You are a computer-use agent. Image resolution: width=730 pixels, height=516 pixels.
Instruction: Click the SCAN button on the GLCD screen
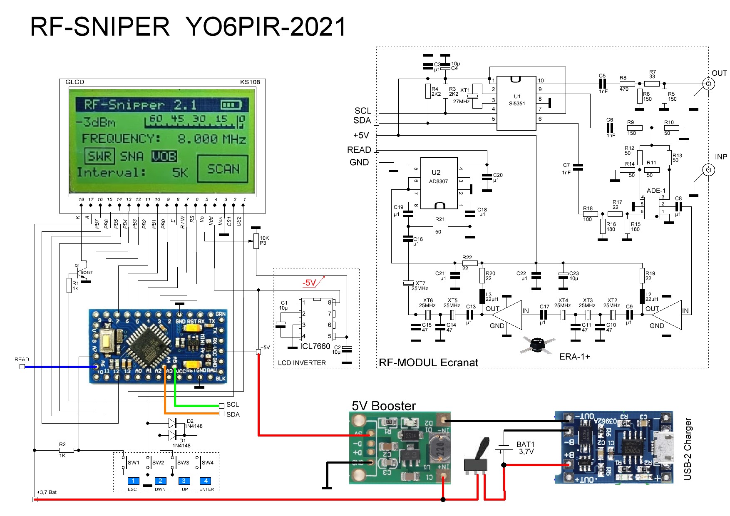223,169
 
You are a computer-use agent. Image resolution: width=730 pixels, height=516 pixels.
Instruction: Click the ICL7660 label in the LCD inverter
315,346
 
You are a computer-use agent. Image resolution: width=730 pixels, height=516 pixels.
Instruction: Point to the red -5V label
309,283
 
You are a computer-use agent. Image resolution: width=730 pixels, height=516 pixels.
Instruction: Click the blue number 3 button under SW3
184,481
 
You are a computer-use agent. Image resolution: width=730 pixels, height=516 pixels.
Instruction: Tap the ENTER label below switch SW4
206,490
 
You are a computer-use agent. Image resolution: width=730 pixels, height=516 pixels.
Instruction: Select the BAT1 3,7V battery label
526,448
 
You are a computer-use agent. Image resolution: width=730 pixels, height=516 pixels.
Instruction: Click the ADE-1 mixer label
656,191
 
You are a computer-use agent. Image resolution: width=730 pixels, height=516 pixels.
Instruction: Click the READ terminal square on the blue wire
22,367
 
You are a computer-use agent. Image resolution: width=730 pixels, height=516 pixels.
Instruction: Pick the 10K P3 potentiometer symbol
256,241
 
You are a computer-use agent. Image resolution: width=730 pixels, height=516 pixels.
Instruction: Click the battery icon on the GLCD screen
231,105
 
